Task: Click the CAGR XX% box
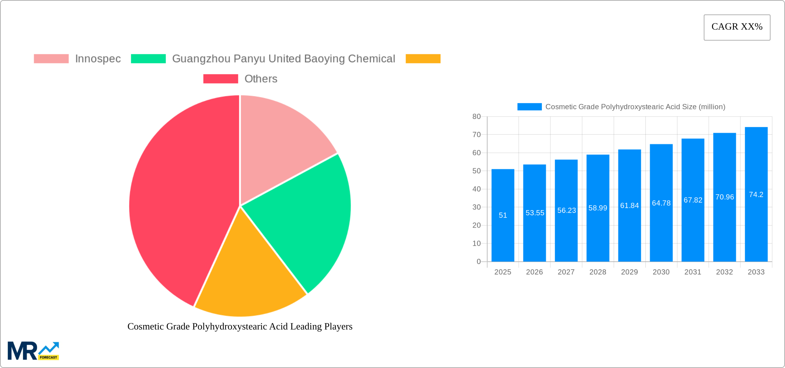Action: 737,27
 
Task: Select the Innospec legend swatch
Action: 51,59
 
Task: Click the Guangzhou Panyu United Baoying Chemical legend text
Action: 283,59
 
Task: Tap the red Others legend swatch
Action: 220,79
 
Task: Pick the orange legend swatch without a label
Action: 423,59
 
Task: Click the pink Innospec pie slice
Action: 279,141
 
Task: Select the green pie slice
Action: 303,220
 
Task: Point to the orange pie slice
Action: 248,275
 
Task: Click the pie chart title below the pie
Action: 240,326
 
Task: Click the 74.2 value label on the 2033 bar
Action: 756,195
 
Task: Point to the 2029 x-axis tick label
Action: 629,272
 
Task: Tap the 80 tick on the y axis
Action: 477,117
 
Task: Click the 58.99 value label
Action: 598,208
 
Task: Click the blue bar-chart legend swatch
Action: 529,107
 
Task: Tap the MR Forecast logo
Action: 33,351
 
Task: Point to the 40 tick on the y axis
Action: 477,189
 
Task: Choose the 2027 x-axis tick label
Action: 566,272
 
